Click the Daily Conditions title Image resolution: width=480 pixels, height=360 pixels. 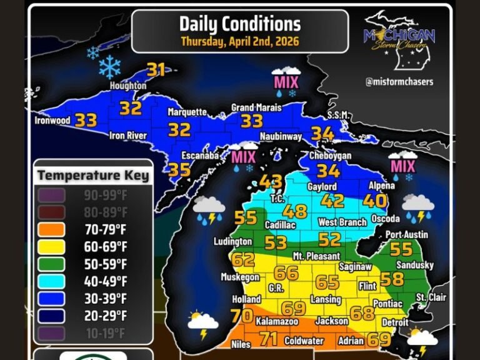240,24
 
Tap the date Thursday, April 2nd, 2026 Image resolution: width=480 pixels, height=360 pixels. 240,42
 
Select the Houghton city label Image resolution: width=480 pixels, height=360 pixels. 128,86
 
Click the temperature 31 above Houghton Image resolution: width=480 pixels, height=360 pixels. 155,70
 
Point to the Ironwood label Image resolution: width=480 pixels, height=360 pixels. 52,120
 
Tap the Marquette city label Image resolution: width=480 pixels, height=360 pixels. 187,112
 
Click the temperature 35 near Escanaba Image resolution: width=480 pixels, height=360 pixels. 179,169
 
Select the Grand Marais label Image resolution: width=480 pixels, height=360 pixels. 251,107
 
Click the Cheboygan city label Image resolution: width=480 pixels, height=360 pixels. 331,156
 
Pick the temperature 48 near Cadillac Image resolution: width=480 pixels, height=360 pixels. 295,211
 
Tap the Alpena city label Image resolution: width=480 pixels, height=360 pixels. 381,186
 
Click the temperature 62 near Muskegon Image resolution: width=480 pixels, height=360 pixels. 243,259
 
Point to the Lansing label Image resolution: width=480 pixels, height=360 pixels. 326,299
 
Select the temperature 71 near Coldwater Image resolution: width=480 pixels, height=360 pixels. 268,339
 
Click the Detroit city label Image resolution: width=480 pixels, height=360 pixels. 394,322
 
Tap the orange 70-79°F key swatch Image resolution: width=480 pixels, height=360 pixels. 52,229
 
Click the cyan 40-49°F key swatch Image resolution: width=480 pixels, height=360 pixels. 52,281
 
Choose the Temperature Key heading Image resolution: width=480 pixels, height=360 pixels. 93,175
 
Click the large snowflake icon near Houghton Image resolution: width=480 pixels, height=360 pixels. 110,66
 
